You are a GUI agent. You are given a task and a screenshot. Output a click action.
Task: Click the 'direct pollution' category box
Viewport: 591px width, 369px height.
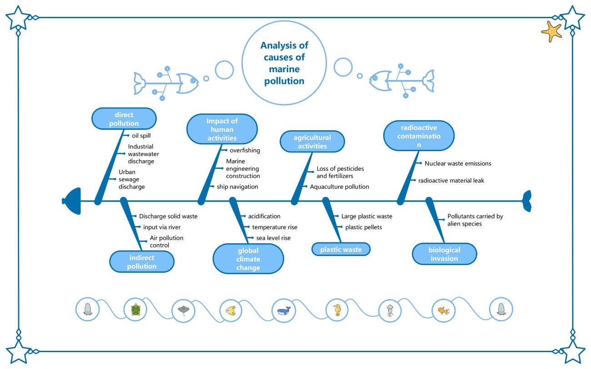pos(124,118)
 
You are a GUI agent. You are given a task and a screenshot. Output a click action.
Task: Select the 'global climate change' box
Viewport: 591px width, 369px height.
pos(248,259)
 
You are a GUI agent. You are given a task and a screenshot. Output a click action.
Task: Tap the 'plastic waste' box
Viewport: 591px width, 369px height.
pos(341,249)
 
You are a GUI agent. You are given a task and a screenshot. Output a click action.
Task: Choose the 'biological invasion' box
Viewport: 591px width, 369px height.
pos(444,254)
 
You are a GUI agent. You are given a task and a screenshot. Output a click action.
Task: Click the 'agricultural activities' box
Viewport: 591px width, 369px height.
pos(312,142)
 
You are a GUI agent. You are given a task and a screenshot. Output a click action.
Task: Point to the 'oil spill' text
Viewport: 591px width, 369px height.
pos(141,135)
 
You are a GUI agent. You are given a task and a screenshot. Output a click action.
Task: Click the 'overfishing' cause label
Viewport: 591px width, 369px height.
pos(245,150)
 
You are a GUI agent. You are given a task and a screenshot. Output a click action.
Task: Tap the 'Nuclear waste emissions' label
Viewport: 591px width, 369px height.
pos(457,163)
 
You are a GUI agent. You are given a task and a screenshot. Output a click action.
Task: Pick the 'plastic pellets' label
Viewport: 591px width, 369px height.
pos(363,227)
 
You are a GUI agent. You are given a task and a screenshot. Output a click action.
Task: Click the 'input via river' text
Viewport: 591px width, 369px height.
pos(162,227)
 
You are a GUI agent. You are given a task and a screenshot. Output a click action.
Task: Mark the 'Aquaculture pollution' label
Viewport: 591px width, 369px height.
pos(339,187)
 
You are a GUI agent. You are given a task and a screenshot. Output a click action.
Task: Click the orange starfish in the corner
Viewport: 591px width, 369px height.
pos(551,31)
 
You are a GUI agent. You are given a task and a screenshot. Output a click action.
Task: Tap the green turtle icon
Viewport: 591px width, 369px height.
pos(135,310)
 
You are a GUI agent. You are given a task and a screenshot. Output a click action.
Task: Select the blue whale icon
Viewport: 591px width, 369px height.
pos(284,310)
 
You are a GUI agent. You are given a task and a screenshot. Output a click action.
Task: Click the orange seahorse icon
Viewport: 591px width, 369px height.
pos(337,310)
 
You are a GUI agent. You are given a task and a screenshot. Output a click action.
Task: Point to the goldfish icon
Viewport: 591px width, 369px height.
pos(443,310)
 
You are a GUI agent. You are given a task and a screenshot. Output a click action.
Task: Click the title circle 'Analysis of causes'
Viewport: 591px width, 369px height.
pos(284,63)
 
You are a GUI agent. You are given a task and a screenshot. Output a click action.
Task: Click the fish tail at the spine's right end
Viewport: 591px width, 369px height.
pos(526,201)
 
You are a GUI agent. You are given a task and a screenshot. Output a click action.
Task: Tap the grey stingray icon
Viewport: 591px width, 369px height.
pos(184,310)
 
